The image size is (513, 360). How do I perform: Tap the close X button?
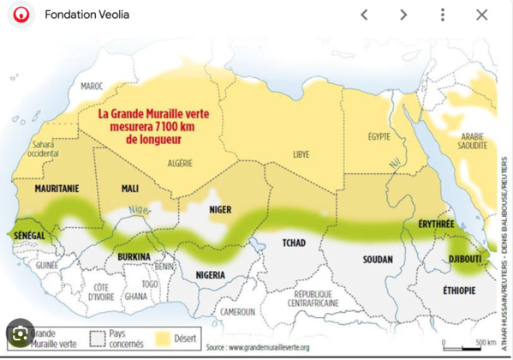tap(481, 15)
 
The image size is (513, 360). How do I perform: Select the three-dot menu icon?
tap(442, 15)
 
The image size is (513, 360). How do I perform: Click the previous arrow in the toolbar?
tap(364, 15)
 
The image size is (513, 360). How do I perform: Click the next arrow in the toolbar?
tap(403, 15)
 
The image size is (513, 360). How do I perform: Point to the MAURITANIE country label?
tap(57, 187)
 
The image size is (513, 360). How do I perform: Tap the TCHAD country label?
tap(294, 243)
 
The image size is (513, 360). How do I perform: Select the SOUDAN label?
tap(378, 260)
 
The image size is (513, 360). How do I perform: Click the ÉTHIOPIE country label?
tap(459, 291)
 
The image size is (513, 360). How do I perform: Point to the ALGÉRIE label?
tap(180, 163)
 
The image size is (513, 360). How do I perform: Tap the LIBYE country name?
tap(301, 155)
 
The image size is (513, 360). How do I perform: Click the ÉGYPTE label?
tap(379, 136)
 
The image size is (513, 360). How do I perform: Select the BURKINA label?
tap(134, 256)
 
